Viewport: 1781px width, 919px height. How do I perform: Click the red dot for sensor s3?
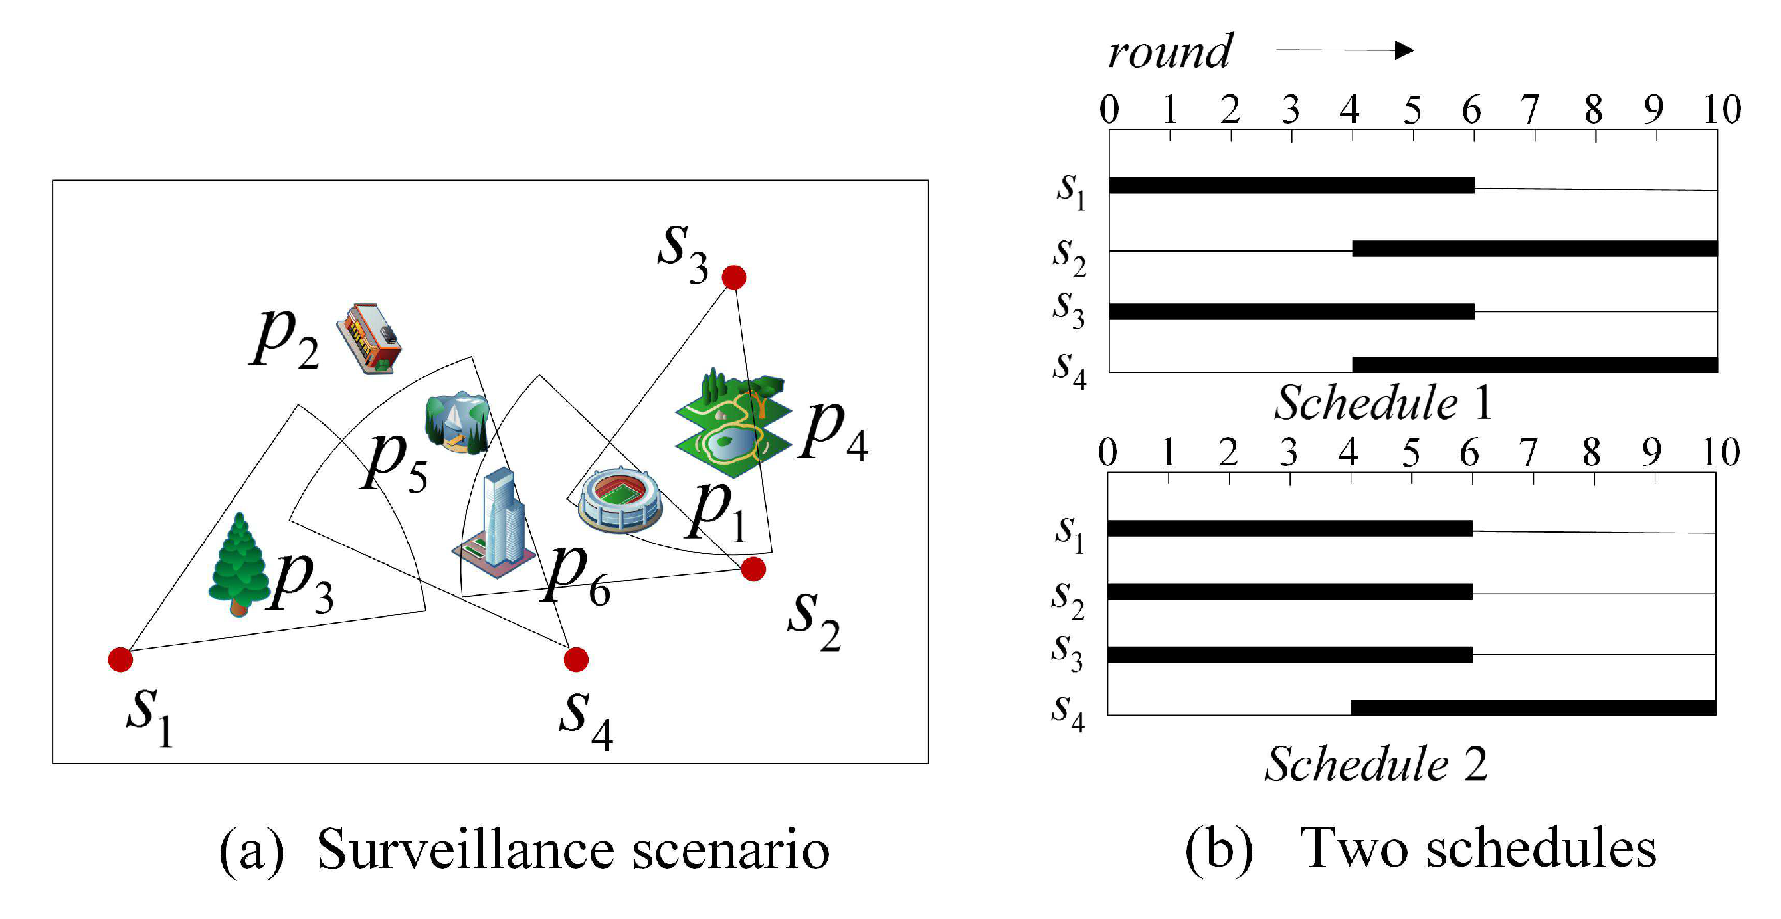(733, 277)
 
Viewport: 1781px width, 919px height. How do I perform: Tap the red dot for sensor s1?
(120, 659)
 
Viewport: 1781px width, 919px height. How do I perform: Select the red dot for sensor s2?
(753, 569)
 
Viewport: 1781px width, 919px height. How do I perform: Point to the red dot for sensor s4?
(576, 659)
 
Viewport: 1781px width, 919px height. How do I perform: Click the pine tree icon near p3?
(238, 565)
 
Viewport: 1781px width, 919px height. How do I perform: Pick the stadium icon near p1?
(620, 500)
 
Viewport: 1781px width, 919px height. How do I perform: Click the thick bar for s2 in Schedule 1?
(1535, 249)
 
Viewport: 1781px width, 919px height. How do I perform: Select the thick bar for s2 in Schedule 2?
(1290, 592)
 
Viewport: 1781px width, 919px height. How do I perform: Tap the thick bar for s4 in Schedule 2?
(1533, 708)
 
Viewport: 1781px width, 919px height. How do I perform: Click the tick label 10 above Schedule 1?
(1721, 109)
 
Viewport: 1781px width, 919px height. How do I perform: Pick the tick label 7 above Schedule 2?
(1528, 453)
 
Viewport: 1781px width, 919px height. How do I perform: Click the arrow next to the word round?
(1345, 50)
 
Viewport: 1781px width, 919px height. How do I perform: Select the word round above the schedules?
(1169, 52)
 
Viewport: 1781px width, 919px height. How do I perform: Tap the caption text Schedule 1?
(1383, 403)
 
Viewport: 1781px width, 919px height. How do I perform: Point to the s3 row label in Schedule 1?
(1069, 310)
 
